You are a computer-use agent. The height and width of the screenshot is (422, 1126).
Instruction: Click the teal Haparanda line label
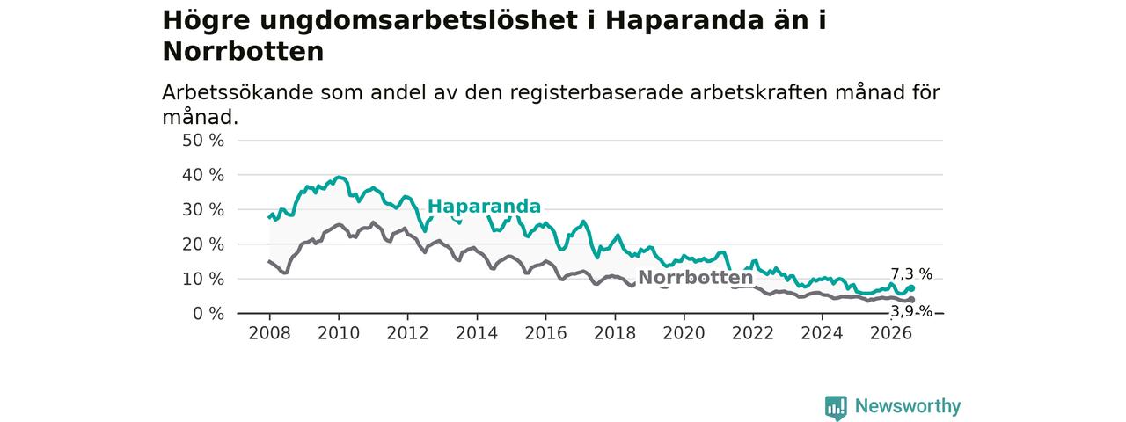(484, 206)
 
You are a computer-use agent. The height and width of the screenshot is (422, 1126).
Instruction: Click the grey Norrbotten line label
(695, 277)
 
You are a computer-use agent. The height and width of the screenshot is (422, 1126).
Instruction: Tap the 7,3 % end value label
(911, 273)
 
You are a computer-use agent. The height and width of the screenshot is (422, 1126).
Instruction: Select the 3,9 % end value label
(911, 312)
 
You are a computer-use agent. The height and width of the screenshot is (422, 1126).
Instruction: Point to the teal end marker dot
(911, 288)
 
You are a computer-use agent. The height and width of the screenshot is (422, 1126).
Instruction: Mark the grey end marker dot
(911, 300)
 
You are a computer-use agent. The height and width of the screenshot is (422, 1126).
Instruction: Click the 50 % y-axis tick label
(203, 141)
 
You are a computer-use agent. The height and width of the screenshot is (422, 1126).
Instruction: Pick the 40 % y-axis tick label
(203, 175)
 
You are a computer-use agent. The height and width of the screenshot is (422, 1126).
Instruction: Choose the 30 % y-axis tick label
(203, 210)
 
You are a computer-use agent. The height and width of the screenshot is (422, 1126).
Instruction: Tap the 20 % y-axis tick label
(203, 244)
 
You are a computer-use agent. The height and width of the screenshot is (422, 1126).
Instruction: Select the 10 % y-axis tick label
(203, 280)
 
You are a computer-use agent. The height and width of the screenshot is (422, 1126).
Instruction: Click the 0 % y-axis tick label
(208, 314)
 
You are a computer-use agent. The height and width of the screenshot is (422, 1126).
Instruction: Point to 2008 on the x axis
(269, 333)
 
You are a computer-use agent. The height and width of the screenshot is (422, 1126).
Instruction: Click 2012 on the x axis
(407, 333)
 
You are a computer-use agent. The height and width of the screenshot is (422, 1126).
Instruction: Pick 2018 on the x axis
(615, 333)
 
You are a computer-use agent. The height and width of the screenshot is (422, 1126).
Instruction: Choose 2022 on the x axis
(753, 333)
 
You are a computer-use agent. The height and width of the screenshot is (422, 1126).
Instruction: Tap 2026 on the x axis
(891, 333)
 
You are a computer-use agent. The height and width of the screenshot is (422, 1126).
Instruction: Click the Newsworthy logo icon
(836, 407)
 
